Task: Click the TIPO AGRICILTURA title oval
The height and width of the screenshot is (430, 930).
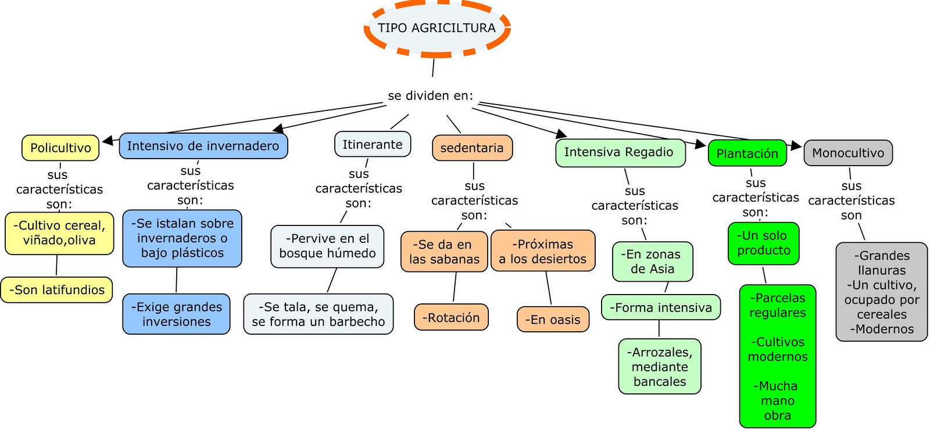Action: coord(437,28)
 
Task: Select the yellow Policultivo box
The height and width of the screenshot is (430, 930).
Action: coord(60,148)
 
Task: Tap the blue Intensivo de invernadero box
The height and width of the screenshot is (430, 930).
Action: coord(203,146)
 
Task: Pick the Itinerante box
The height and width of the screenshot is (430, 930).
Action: coord(372,145)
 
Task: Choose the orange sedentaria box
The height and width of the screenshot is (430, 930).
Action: coord(472,148)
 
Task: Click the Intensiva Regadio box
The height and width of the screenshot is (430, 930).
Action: coord(619,152)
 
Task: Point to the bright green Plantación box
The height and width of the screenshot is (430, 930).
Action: coord(747,153)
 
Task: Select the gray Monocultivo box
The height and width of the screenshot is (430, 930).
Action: coord(848,153)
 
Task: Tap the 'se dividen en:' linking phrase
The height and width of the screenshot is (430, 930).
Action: coord(430,96)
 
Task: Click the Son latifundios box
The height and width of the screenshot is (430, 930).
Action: coord(57,290)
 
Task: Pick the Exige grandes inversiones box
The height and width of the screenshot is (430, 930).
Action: coord(176,314)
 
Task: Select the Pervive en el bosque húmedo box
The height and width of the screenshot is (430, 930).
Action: coord(327,246)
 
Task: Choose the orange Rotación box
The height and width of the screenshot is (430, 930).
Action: coord(451,318)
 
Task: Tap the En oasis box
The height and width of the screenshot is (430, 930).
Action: coord(553,320)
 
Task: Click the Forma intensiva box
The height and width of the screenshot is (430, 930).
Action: coord(661,308)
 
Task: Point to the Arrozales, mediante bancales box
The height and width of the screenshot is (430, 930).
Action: coord(660,367)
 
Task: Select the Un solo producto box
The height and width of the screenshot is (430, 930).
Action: coord(764,243)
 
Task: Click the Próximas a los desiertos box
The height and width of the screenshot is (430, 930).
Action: coord(543,252)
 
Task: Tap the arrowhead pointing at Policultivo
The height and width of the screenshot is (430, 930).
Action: coord(108,141)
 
